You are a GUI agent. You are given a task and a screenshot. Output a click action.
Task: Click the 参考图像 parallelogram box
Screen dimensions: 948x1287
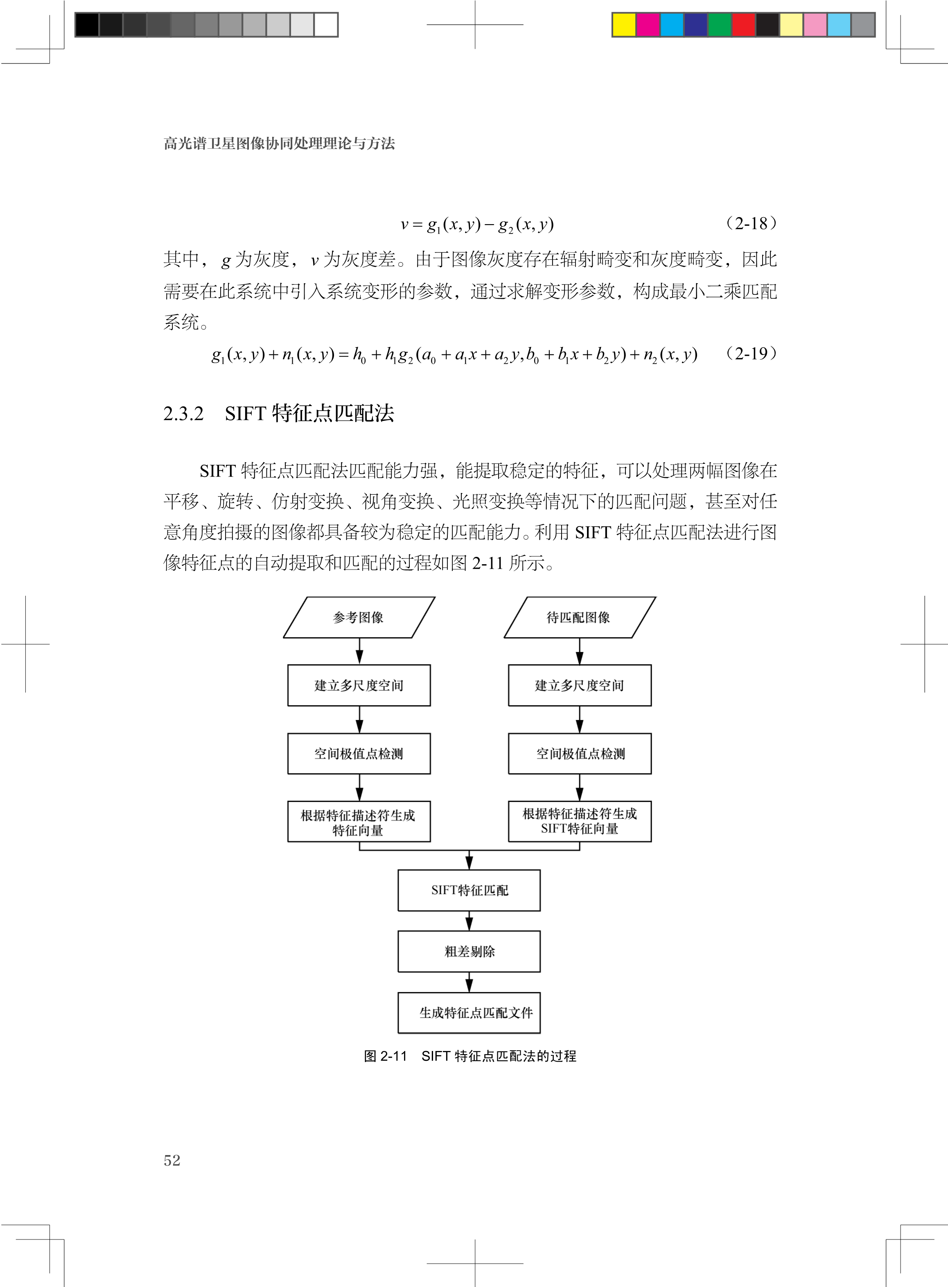click(359, 617)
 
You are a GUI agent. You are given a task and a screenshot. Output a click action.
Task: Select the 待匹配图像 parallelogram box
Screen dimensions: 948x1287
click(580, 617)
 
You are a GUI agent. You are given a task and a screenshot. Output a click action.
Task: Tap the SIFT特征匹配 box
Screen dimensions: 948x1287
click(469, 890)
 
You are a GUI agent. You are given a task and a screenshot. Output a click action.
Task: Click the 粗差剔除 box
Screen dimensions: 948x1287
click(469, 951)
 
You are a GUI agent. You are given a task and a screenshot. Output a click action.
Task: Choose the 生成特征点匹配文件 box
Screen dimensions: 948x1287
click(469, 1012)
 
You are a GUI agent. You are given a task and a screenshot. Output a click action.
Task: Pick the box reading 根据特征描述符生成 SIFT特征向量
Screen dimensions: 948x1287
click(580, 821)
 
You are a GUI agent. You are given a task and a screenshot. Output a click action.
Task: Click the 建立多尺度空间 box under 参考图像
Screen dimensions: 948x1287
click(359, 685)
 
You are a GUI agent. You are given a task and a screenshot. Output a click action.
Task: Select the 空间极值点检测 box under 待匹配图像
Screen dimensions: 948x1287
click(580, 754)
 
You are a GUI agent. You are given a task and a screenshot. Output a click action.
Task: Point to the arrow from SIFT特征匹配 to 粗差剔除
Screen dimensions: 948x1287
click(469, 921)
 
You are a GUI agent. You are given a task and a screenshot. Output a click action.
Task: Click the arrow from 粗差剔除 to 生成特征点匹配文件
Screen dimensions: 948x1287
click(469, 982)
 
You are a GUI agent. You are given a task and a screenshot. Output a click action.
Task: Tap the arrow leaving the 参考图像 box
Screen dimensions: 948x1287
click(359, 651)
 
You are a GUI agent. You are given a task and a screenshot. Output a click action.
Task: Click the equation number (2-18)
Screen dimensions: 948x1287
click(751, 223)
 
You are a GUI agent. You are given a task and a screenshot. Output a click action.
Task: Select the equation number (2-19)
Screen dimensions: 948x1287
click(751, 353)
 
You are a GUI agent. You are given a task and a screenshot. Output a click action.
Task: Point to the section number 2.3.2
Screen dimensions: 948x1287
click(184, 413)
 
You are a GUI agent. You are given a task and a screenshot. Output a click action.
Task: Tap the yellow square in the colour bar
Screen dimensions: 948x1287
click(624, 25)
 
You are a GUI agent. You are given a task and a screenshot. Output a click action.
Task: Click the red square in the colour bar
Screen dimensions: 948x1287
click(744, 25)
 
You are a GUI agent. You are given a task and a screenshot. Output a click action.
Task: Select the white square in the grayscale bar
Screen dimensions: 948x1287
click(326, 25)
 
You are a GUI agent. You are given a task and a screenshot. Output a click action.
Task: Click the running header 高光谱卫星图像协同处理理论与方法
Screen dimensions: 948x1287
click(280, 143)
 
